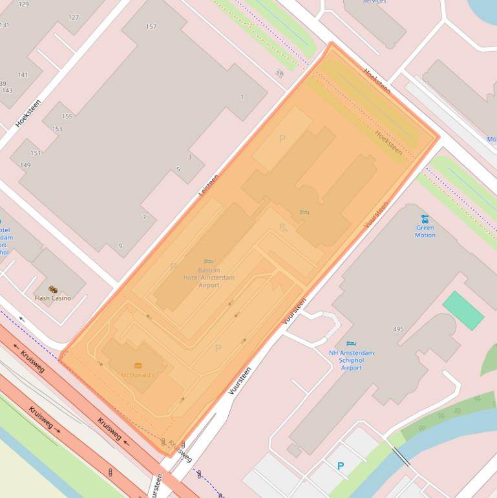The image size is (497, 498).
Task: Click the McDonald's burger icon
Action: click(x=138, y=365)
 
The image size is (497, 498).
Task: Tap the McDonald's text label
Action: click(x=138, y=375)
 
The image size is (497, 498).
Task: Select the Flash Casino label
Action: click(x=53, y=298)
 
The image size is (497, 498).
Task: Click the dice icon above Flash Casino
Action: click(x=53, y=290)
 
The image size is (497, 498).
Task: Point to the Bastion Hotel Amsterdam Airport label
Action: click(x=209, y=277)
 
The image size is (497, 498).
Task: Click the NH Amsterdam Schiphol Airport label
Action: click(x=351, y=360)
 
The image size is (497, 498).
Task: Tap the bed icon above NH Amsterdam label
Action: click(x=351, y=343)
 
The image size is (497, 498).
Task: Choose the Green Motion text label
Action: click(x=425, y=231)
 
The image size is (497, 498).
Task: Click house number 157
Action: click(x=151, y=27)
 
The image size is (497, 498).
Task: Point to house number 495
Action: click(x=398, y=329)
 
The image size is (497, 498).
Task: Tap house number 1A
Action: click(x=279, y=74)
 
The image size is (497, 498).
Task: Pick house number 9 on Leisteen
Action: click(x=120, y=246)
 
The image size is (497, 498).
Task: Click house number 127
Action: click(x=74, y=17)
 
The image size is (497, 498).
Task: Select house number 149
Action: click(x=25, y=165)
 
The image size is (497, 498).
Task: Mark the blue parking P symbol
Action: click(x=341, y=466)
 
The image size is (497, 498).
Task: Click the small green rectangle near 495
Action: click(x=463, y=310)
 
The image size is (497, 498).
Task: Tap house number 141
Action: click(x=23, y=75)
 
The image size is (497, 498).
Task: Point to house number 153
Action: click(x=57, y=129)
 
